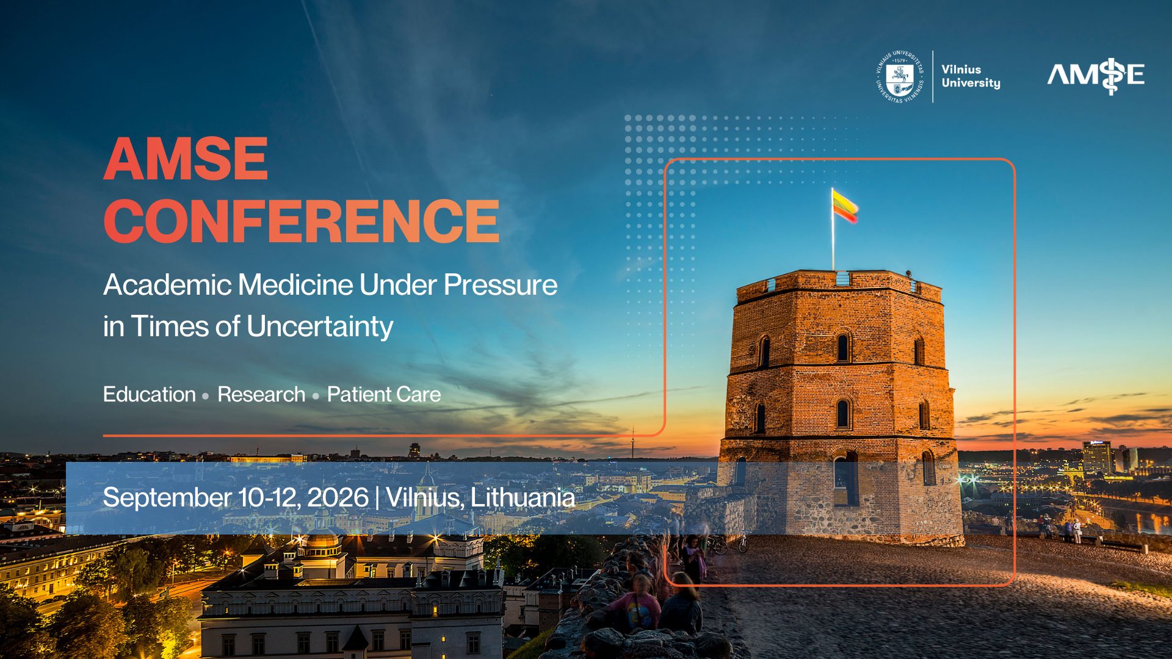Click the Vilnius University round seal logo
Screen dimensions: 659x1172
click(x=900, y=76)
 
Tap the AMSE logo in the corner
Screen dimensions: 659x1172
click(x=1096, y=75)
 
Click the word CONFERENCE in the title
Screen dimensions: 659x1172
click(x=302, y=221)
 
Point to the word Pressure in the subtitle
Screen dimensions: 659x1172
click(x=500, y=285)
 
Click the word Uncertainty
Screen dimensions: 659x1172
click(x=320, y=326)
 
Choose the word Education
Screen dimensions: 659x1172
click(x=149, y=395)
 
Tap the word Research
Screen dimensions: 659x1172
click(x=261, y=395)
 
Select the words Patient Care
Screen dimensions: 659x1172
click(x=383, y=395)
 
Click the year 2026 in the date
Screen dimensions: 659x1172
click(x=338, y=497)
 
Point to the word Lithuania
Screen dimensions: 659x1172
click(x=523, y=497)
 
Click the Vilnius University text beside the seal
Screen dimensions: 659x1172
click(x=971, y=76)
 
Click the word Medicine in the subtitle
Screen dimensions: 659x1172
click(x=295, y=285)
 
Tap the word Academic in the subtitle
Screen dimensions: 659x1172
click(x=167, y=285)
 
